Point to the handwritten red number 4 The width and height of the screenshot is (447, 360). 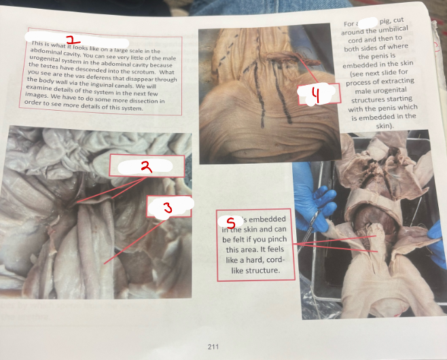pyautogui.click(x=315, y=96)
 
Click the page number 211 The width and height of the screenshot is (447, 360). pyautogui.click(x=213, y=346)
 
